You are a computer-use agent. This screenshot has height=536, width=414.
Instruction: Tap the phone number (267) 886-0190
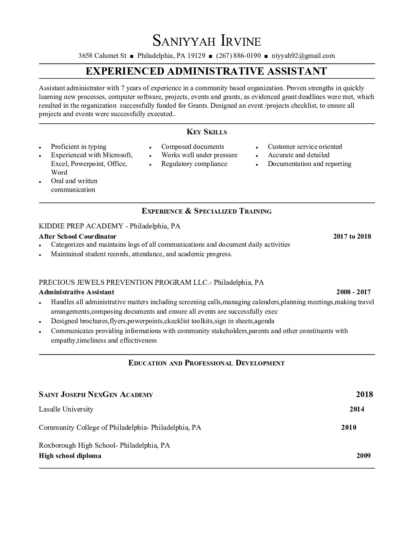tap(238, 56)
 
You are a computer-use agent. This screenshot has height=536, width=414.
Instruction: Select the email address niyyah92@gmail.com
tap(303, 56)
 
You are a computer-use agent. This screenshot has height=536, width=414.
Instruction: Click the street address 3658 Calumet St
tap(102, 56)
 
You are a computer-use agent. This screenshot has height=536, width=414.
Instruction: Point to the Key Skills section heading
tap(207, 132)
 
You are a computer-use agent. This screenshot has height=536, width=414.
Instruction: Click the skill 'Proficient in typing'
tap(78, 147)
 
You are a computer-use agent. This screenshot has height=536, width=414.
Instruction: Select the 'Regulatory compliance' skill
tap(194, 164)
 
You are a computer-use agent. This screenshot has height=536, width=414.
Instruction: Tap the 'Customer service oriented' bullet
tap(304, 147)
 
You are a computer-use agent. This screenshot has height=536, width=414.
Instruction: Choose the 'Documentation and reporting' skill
tap(309, 164)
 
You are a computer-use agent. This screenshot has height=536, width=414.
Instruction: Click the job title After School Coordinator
tap(78, 236)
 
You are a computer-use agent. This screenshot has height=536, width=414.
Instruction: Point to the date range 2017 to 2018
tap(352, 236)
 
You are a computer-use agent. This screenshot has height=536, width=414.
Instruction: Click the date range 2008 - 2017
tap(353, 292)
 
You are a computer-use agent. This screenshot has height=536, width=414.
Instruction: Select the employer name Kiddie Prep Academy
tap(81, 226)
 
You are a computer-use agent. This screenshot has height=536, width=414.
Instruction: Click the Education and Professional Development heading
tap(207, 363)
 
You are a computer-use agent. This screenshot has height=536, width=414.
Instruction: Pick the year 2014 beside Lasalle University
tap(357, 409)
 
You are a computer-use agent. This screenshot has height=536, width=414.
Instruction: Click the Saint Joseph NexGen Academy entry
tap(96, 395)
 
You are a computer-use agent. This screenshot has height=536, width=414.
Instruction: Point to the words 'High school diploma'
tap(70, 456)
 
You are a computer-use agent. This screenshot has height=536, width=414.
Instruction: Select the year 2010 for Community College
tap(349, 427)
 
